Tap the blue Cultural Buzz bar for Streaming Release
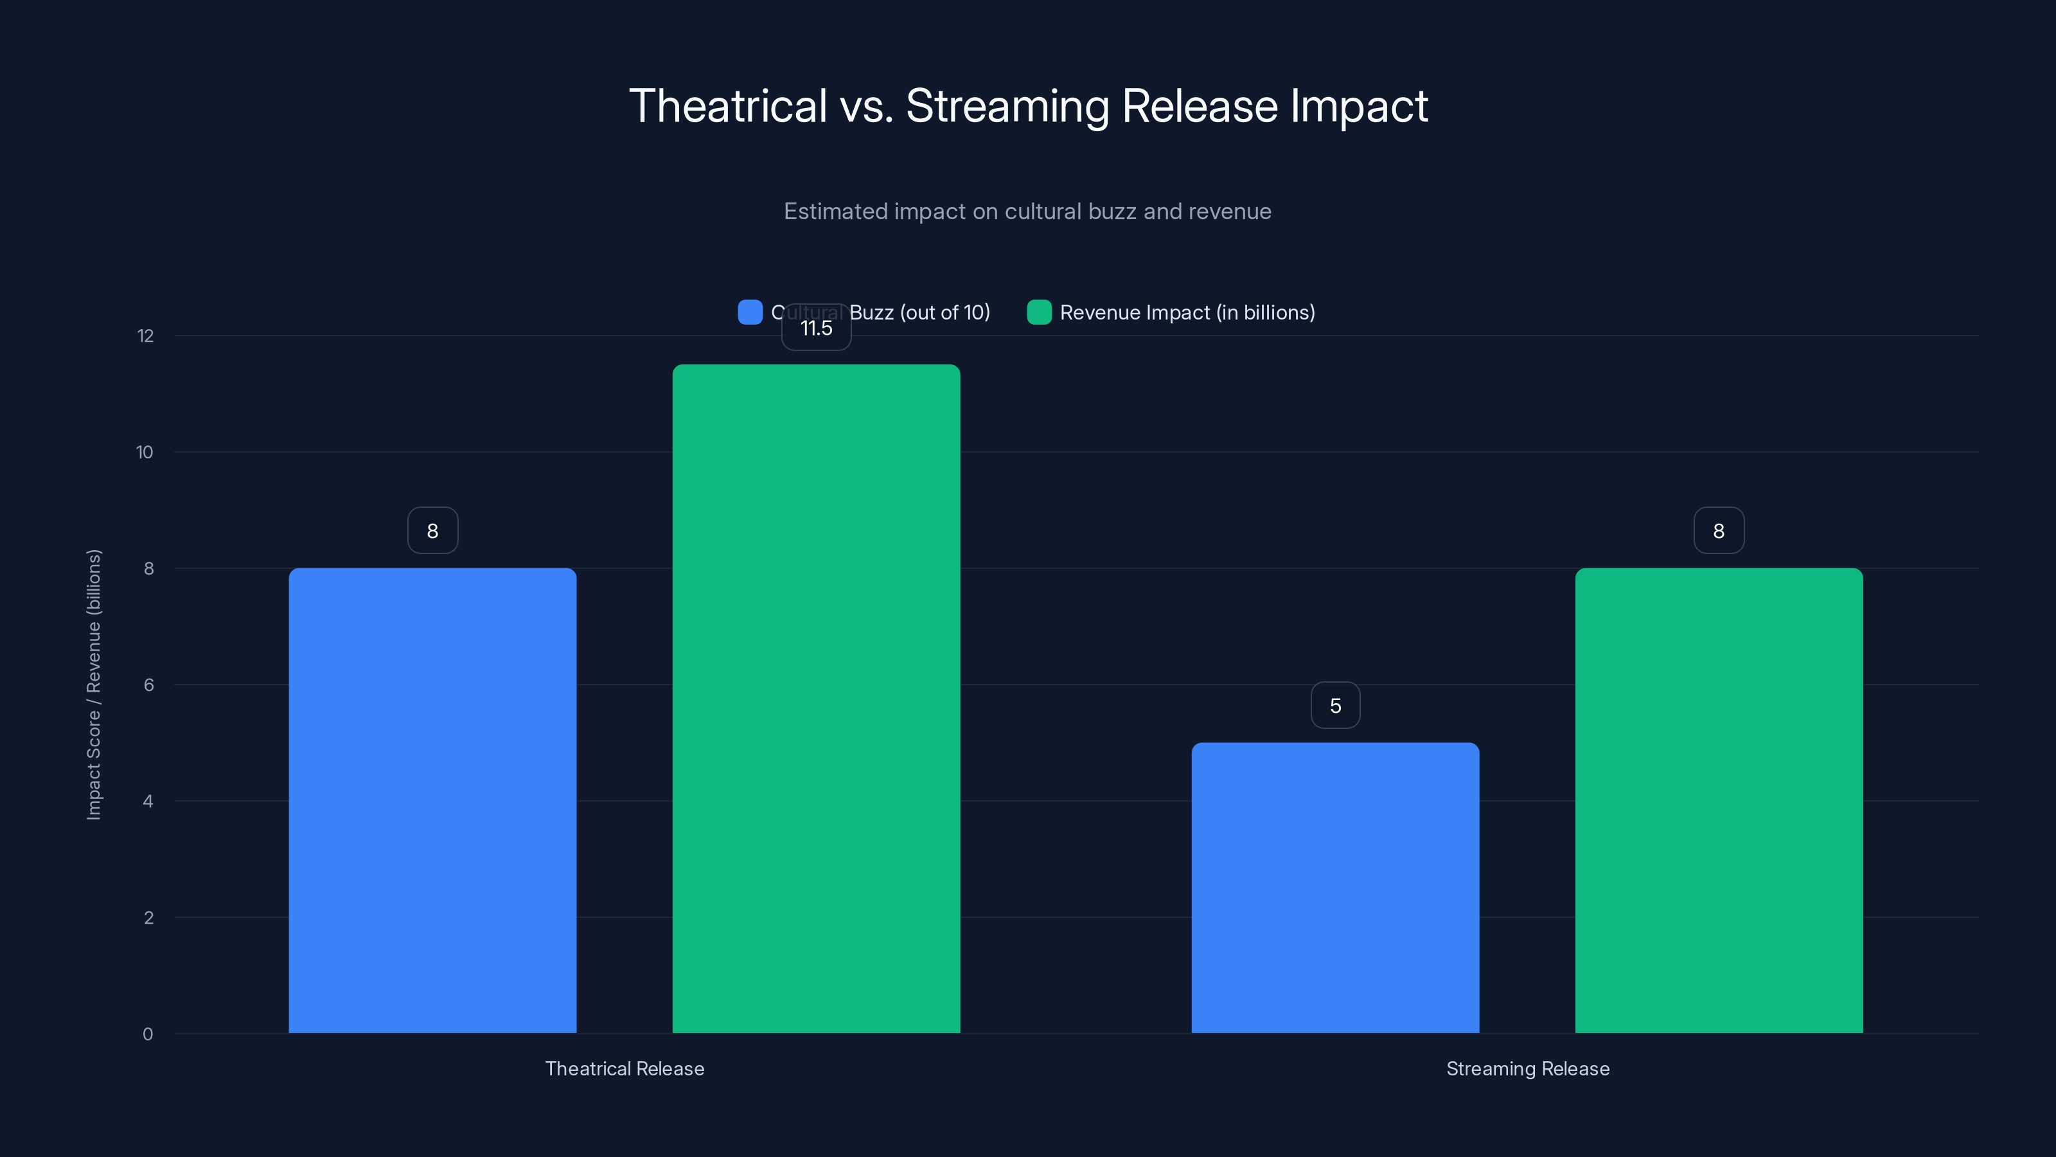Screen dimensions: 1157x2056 (x=1335, y=887)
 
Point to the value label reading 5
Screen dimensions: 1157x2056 (x=1335, y=706)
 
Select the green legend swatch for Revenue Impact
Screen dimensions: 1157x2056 (x=1039, y=312)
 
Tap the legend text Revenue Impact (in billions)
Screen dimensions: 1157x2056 (x=1187, y=312)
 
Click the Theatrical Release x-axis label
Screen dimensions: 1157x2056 (x=624, y=1068)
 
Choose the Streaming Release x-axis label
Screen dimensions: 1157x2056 (x=1528, y=1068)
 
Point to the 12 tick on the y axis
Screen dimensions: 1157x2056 (x=145, y=336)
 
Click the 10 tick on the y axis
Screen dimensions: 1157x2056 (x=145, y=453)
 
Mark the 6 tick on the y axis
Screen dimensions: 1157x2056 (x=148, y=685)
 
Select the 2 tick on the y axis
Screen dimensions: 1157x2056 (x=148, y=917)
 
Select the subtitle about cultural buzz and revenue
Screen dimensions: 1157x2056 (x=1027, y=211)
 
